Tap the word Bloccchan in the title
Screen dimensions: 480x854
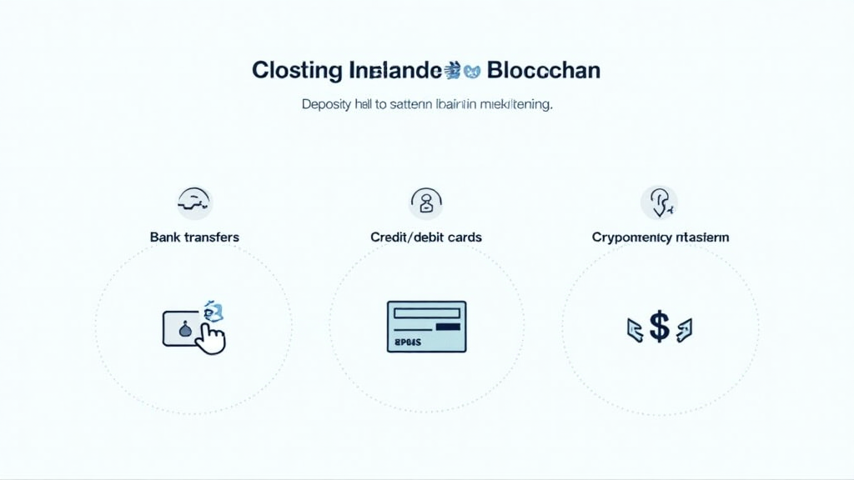(x=543, y=71)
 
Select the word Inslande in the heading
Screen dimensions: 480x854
(x=392, y=71)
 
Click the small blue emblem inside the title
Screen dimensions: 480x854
(x=464, y=71)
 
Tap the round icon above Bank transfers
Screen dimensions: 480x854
(x=194, y=202)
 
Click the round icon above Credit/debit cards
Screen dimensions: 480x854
(x=426, y=202)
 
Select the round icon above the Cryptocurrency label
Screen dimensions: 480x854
(x=659, y=202)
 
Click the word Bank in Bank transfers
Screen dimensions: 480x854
(x=165, y=237)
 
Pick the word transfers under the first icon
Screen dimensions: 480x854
(x=211, y=237)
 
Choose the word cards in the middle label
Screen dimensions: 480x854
(x=463, y=237)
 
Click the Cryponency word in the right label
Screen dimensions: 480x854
(x=631, y=237)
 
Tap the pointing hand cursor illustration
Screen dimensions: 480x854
(x=212, y=337)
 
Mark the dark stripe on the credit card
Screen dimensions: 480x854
(x=449, y=327)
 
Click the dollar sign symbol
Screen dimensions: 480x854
(x=660, y=327)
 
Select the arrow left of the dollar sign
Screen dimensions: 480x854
(x=635, y=329)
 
